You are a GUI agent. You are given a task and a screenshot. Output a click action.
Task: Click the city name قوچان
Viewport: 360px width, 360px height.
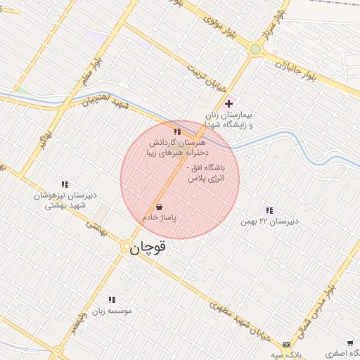pyautogui.click(x=149, y=247)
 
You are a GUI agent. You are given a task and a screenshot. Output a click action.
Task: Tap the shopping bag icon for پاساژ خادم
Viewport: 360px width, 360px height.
pyautogui.click(x=159, y=207)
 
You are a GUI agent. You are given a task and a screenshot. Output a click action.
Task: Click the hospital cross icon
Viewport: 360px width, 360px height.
pyautogui.click(x=229, y=103)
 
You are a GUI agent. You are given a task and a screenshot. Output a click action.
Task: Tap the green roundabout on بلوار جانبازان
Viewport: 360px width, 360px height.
pyautogui.click(x=255, y=49)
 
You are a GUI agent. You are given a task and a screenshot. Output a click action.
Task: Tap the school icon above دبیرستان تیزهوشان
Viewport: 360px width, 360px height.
pyautogui.click(x=65, y=184)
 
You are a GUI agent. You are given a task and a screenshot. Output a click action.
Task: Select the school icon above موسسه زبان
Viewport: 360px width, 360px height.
pyautogui.click(x=112, y=300)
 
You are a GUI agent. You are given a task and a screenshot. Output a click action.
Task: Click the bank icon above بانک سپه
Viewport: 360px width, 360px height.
pyautogui.click(x=286, y=345)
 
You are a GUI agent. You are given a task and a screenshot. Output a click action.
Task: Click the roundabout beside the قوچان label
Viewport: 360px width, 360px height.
pyautogui.click(x=125, y=245)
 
